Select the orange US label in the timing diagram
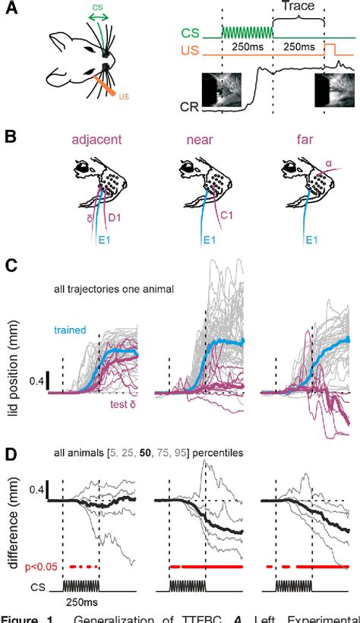point(187,54)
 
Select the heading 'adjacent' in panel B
point(96,140)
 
